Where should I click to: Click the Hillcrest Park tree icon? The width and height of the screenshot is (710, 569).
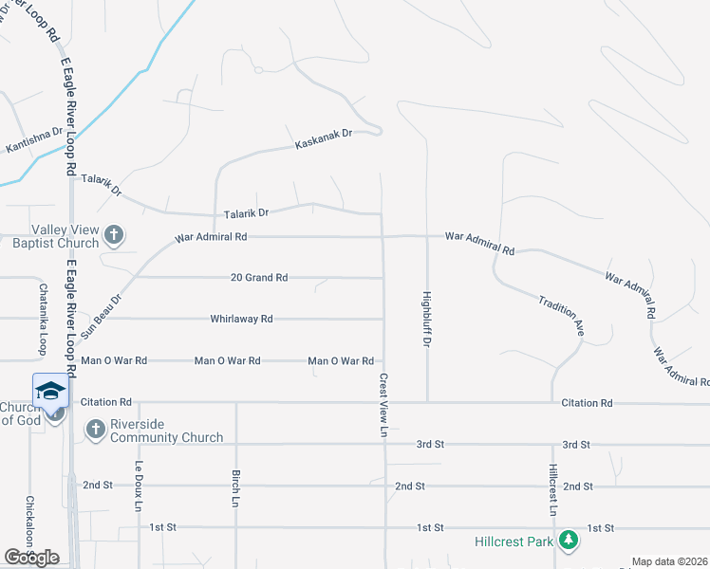[x=569, y=541]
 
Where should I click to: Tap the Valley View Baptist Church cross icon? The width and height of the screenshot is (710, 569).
[x=113, y=233]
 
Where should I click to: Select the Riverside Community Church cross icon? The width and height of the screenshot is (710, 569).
[x=95, y=430]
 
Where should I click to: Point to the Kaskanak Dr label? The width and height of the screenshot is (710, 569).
[x=324, y=139]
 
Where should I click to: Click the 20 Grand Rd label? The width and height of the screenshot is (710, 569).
[x=259, y=278]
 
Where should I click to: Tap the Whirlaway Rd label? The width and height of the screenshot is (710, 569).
[x=242, y=320]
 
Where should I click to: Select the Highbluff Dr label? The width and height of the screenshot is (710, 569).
[x=426, y=317]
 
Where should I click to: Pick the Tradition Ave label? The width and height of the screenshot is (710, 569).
[x=561, y=315]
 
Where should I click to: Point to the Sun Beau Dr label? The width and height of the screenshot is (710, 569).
[x=102, y=317]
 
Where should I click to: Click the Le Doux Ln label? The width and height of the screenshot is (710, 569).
[x=139, y=486]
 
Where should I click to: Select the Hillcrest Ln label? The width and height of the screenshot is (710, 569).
[x=552, y=490]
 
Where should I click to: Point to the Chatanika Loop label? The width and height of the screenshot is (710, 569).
[x=43, y=319]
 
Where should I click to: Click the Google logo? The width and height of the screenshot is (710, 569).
[x=31, y=558]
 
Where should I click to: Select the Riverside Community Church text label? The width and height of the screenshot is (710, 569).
[x=166, y=431]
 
